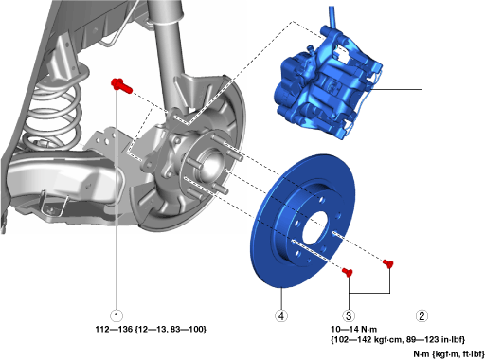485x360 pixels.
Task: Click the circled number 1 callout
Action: click(117, 315)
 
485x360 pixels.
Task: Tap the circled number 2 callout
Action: click(422, 315)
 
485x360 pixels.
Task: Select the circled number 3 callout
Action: click(349, 315)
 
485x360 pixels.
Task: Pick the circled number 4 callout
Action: click(281, 315)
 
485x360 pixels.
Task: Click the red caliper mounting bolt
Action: click(121, 85)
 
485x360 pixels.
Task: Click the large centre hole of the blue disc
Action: click(315, 228)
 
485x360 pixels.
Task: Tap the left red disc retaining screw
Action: click(348, 272)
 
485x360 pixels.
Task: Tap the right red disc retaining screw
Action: click(388, 263)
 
